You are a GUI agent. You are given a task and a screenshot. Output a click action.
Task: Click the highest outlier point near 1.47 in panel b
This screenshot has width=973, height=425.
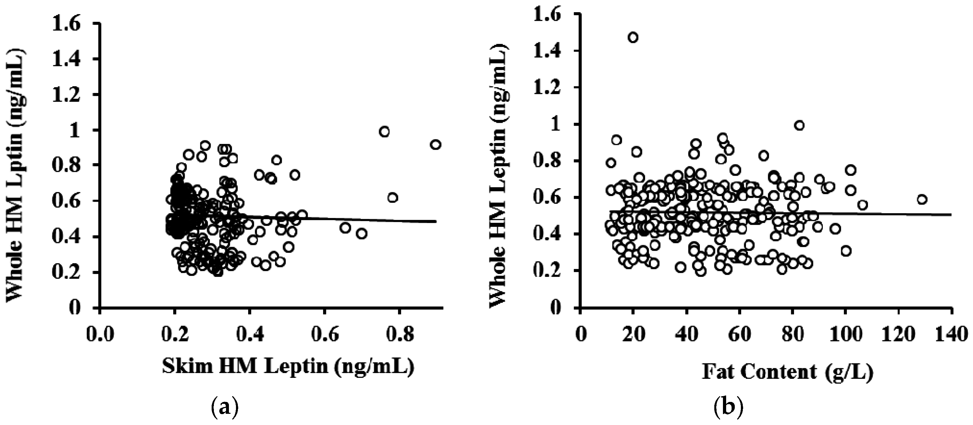[633, 37]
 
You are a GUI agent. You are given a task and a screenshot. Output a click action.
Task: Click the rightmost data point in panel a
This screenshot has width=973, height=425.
[435, 145]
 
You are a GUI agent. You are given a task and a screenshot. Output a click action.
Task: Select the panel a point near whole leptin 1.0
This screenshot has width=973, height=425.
[385, 132]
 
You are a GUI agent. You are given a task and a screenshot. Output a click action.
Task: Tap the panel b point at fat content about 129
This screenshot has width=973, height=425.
[922, 199]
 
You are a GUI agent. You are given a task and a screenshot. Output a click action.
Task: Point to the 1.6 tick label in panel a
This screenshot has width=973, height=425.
[67, 25]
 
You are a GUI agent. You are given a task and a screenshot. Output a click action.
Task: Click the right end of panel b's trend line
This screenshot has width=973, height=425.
[951, 214]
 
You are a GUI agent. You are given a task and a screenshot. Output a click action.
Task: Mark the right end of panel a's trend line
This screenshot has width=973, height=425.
[436, 221]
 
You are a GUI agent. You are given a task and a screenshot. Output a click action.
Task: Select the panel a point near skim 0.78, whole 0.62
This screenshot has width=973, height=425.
[393, 197]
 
